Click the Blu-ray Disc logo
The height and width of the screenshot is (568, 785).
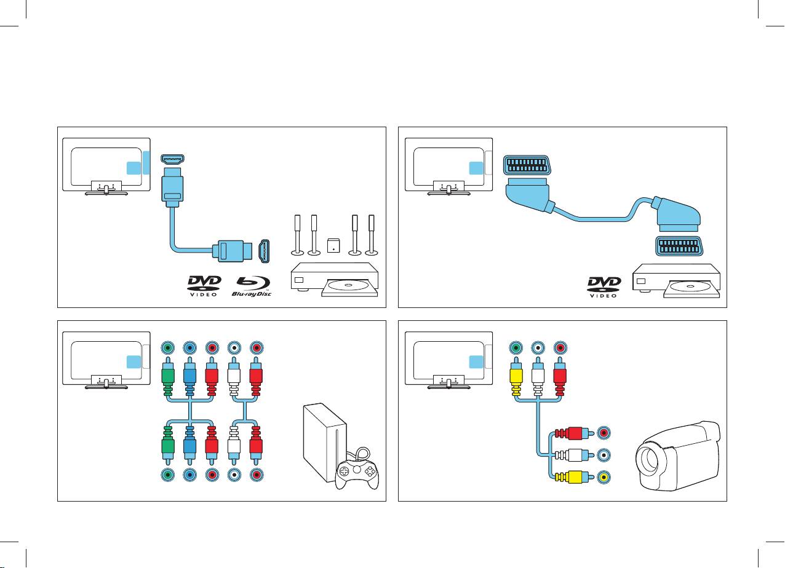tap(252, 286)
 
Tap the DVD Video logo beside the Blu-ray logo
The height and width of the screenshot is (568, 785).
tap(204, 286)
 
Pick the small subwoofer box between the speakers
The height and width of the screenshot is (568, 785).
tap(334, 245)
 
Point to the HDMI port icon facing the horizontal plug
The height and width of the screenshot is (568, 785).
tap(264, 251)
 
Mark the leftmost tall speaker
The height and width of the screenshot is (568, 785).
tap(297, 235)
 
